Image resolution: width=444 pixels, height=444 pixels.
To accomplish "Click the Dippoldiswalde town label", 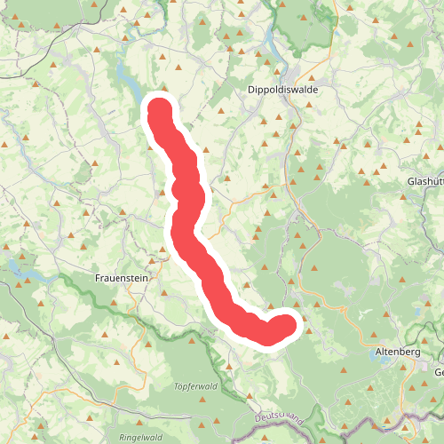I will (x=282, y=91).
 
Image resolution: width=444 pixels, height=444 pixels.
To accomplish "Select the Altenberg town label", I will (x=397, y=353).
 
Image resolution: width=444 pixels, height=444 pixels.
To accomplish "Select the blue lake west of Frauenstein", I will (x=18, y=266).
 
